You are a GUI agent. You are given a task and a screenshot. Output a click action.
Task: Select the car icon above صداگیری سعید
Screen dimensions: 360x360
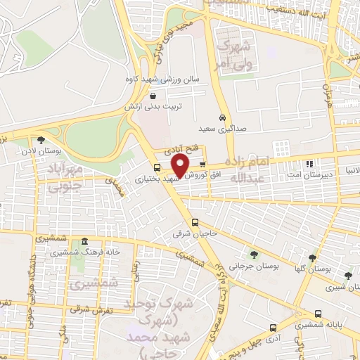[x=222, y=117]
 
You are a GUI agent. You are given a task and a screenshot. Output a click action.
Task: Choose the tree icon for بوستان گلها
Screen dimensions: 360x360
[x=312, y=257]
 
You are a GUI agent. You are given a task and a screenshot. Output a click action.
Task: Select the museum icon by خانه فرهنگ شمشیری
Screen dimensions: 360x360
[x=84, y=241]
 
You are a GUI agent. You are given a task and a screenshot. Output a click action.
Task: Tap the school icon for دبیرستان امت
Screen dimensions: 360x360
[x=311, y=164]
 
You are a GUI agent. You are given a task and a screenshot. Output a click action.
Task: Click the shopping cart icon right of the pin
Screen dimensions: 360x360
[x=202, y=166]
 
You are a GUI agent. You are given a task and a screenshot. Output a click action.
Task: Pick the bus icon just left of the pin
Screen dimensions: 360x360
[x=157, y=167]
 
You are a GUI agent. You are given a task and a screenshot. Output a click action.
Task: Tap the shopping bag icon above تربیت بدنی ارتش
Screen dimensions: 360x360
[x=153, y=95]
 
